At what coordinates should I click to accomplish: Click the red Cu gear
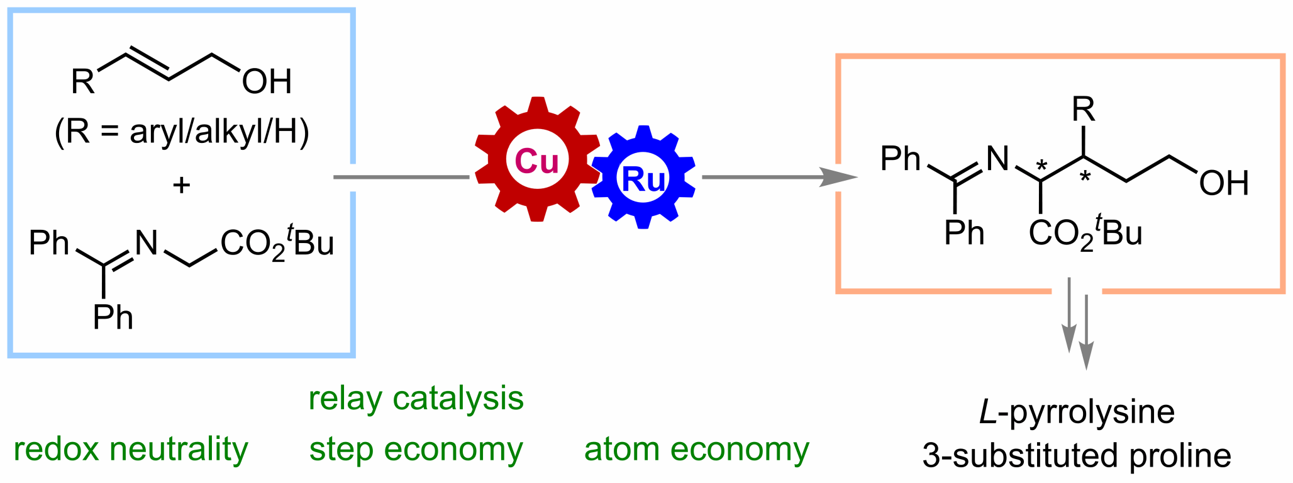[536, 160]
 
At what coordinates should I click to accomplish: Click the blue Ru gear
[643, 178]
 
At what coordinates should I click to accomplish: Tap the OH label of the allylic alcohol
[267, 81]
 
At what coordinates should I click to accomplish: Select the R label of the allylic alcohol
[82, 81]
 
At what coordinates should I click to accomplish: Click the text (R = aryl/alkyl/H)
[182, 132]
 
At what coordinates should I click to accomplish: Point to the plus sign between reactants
[181, 185]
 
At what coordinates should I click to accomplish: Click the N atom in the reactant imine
[147, 242]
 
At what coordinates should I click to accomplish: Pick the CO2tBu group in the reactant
[277, 243]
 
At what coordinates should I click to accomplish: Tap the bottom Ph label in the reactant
[113, 317]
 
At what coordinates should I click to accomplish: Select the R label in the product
[1083, 110]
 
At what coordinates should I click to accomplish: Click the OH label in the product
[1223, 183]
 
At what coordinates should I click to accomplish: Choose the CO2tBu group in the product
[1085, 233]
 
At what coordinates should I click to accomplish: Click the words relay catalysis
[416, 399]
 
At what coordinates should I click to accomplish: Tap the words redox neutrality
[131, 450]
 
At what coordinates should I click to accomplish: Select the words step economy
[416, 450]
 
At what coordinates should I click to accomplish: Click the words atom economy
[696, 450]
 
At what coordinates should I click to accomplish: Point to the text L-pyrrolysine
[1077, 412]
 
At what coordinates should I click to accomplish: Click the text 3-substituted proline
[1077, 456]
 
